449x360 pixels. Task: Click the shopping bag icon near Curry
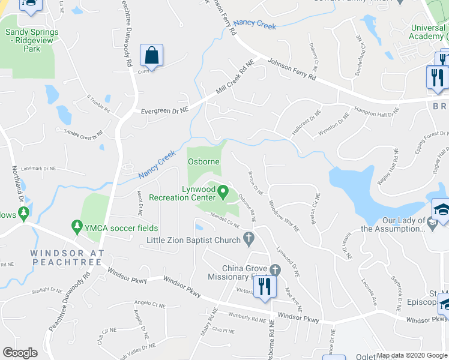(151, 56)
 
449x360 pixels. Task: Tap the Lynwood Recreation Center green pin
(223, 193)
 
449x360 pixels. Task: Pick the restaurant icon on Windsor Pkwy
(265, 285)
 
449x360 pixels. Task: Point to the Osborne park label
(203, 161)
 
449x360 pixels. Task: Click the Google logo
(20, 353)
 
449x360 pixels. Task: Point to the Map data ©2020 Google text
(411, 355)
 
